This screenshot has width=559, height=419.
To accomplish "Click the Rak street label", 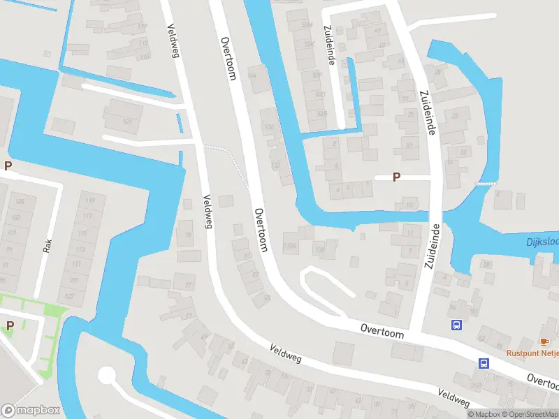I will pos(48,246).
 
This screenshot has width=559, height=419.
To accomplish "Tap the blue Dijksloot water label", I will pos(542,243).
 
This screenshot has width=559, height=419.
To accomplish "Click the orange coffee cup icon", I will pos(544,341).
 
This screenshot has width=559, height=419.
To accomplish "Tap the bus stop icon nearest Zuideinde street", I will pos(456,325).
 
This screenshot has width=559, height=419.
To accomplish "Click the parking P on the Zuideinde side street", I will pos(396,177).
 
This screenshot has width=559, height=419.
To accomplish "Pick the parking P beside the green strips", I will pos(10,325).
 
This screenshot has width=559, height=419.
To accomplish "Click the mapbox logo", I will pos(31,411).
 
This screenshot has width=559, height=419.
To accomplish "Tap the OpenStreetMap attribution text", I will pos(530,414).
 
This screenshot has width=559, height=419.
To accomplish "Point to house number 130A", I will pos(290,247).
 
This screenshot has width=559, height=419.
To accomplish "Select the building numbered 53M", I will pos(305,25).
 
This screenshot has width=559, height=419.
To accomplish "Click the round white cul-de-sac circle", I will pos(106,376).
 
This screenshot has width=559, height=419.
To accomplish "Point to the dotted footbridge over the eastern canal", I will pos(486,183).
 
